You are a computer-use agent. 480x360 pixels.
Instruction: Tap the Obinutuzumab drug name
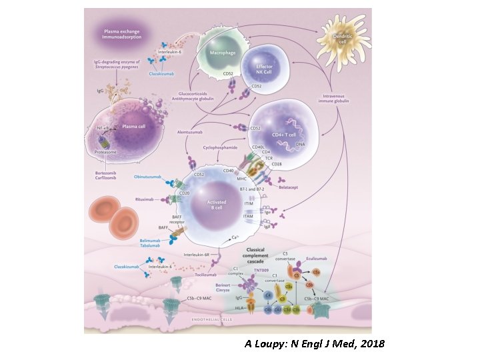(x=148, y=176)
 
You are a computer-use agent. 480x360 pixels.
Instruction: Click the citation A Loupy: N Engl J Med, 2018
(x=314, y=343)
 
